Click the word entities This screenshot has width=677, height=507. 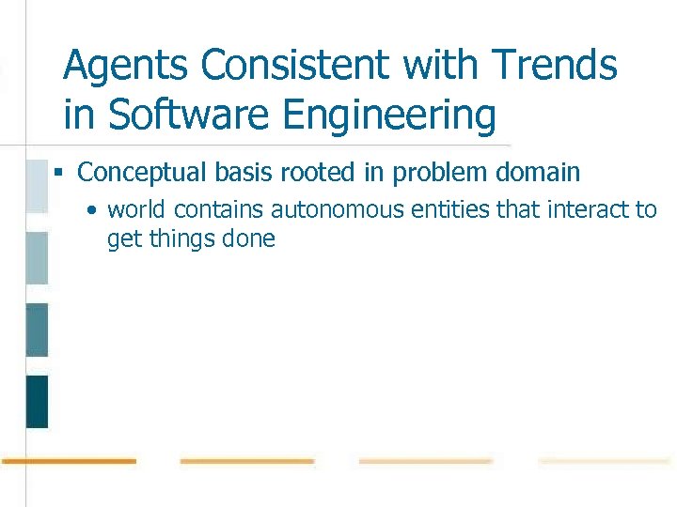click(446, 209)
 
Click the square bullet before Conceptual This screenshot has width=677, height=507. click(58, 174)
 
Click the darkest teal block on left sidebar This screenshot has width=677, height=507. click(37, 401)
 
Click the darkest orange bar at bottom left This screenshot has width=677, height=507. click(69, 461)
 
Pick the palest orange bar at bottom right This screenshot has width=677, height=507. click(604, 461)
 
